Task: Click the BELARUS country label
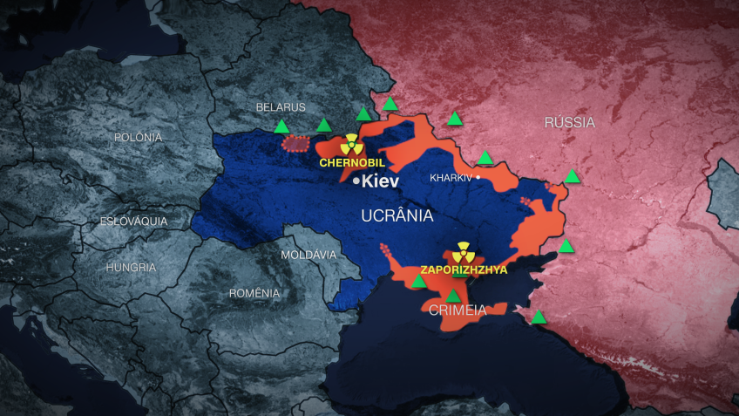click(x=281, y=107)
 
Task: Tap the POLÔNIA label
click(x=138, y=137)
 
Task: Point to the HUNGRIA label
click(x=131, y=267)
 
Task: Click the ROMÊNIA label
click(x=254, y=293)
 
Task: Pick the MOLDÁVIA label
click(x=308, y=255)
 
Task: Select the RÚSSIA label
click(x=569, y=122)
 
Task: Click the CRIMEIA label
click(x=457, y=310)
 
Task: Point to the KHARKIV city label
click(x=451, y=178)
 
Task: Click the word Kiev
click(x=379, y=182)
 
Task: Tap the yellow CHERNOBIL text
click(x=352, y=162)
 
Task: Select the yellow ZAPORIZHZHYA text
click(x=463, y=270)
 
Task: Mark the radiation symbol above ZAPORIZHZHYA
click(x=462, y=252)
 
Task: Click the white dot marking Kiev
click(x=356, y=182)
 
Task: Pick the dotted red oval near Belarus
click(x=297, y=142)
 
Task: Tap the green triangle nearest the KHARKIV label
click(x=485, y=158)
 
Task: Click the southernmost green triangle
click(x=539, y=317)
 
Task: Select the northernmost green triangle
click(x=390, y=104)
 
